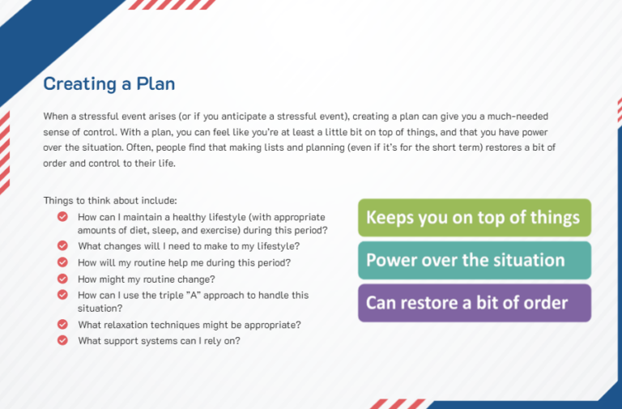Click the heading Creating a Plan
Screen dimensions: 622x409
(109, 83)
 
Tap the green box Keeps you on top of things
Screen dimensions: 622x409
(475, 218)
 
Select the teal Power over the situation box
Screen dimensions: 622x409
(475, 260)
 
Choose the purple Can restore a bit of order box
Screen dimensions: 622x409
(475, 303)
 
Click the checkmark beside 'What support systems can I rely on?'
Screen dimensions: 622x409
(62, 340)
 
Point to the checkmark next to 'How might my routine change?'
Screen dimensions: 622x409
(62, 279)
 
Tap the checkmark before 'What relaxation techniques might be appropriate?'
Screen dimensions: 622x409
(62, 324)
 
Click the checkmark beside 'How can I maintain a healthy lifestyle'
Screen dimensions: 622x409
(62, 216)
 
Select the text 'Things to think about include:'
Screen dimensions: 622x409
(110, 200)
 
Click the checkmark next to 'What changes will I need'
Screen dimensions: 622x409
(62, 245)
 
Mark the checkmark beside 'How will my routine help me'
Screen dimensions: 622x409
(62, 262)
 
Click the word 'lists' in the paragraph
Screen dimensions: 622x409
(273, 147)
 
